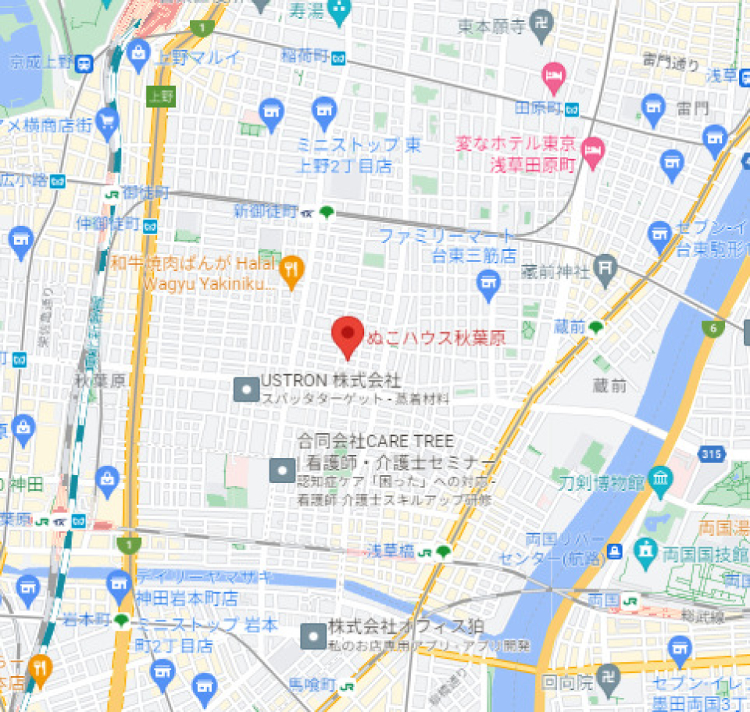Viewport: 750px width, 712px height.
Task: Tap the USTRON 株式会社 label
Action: tap(330, 381)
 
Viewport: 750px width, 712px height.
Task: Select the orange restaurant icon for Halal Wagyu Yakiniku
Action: tap(291, 270)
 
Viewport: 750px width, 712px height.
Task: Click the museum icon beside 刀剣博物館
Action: tap(661, 477)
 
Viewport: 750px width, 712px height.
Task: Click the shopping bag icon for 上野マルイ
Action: tap(137, 53)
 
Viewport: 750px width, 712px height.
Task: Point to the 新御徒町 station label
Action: tap(266, 211)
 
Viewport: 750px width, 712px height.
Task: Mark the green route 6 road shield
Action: tap(712, 329)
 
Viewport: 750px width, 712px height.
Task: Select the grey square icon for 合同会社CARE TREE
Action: tap(282, 470)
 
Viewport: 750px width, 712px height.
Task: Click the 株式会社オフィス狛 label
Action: tap(405, 627)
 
